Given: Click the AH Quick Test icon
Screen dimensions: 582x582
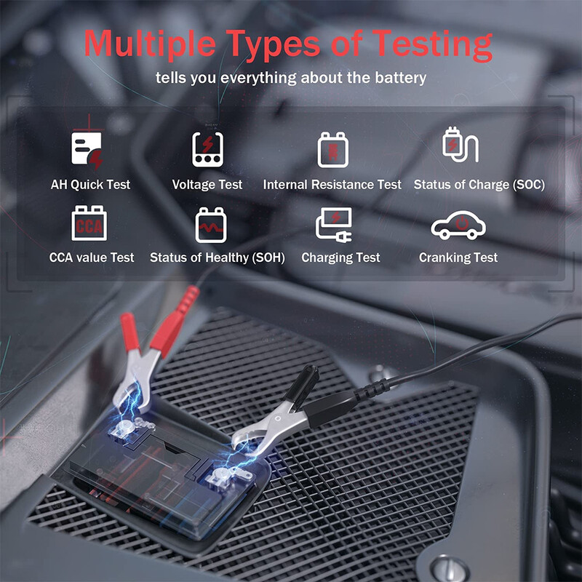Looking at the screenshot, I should click(x=87, y=149).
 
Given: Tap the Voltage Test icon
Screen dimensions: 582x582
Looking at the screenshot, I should click(x=207, y=149).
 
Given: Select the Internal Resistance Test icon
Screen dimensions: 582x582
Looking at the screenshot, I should click(x=332, y=149).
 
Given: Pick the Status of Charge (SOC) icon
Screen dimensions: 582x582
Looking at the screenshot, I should click(x=460, y=145).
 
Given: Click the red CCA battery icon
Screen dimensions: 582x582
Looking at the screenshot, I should click(x=91, y=224).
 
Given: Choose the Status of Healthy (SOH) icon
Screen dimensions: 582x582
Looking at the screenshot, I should click(x=212, y=224).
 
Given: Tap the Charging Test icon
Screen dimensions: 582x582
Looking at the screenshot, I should click(x=334, y=224).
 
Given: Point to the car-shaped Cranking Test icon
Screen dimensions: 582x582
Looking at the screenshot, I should click(x=458, y=226).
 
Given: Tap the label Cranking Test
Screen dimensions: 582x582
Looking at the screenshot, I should click(x=458, y=258).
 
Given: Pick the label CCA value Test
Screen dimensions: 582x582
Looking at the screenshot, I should click(x=92, y=258).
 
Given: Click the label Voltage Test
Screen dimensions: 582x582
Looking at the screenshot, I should click(x=207, y=185).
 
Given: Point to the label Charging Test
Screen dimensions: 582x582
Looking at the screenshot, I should click(x=340, y=258).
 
